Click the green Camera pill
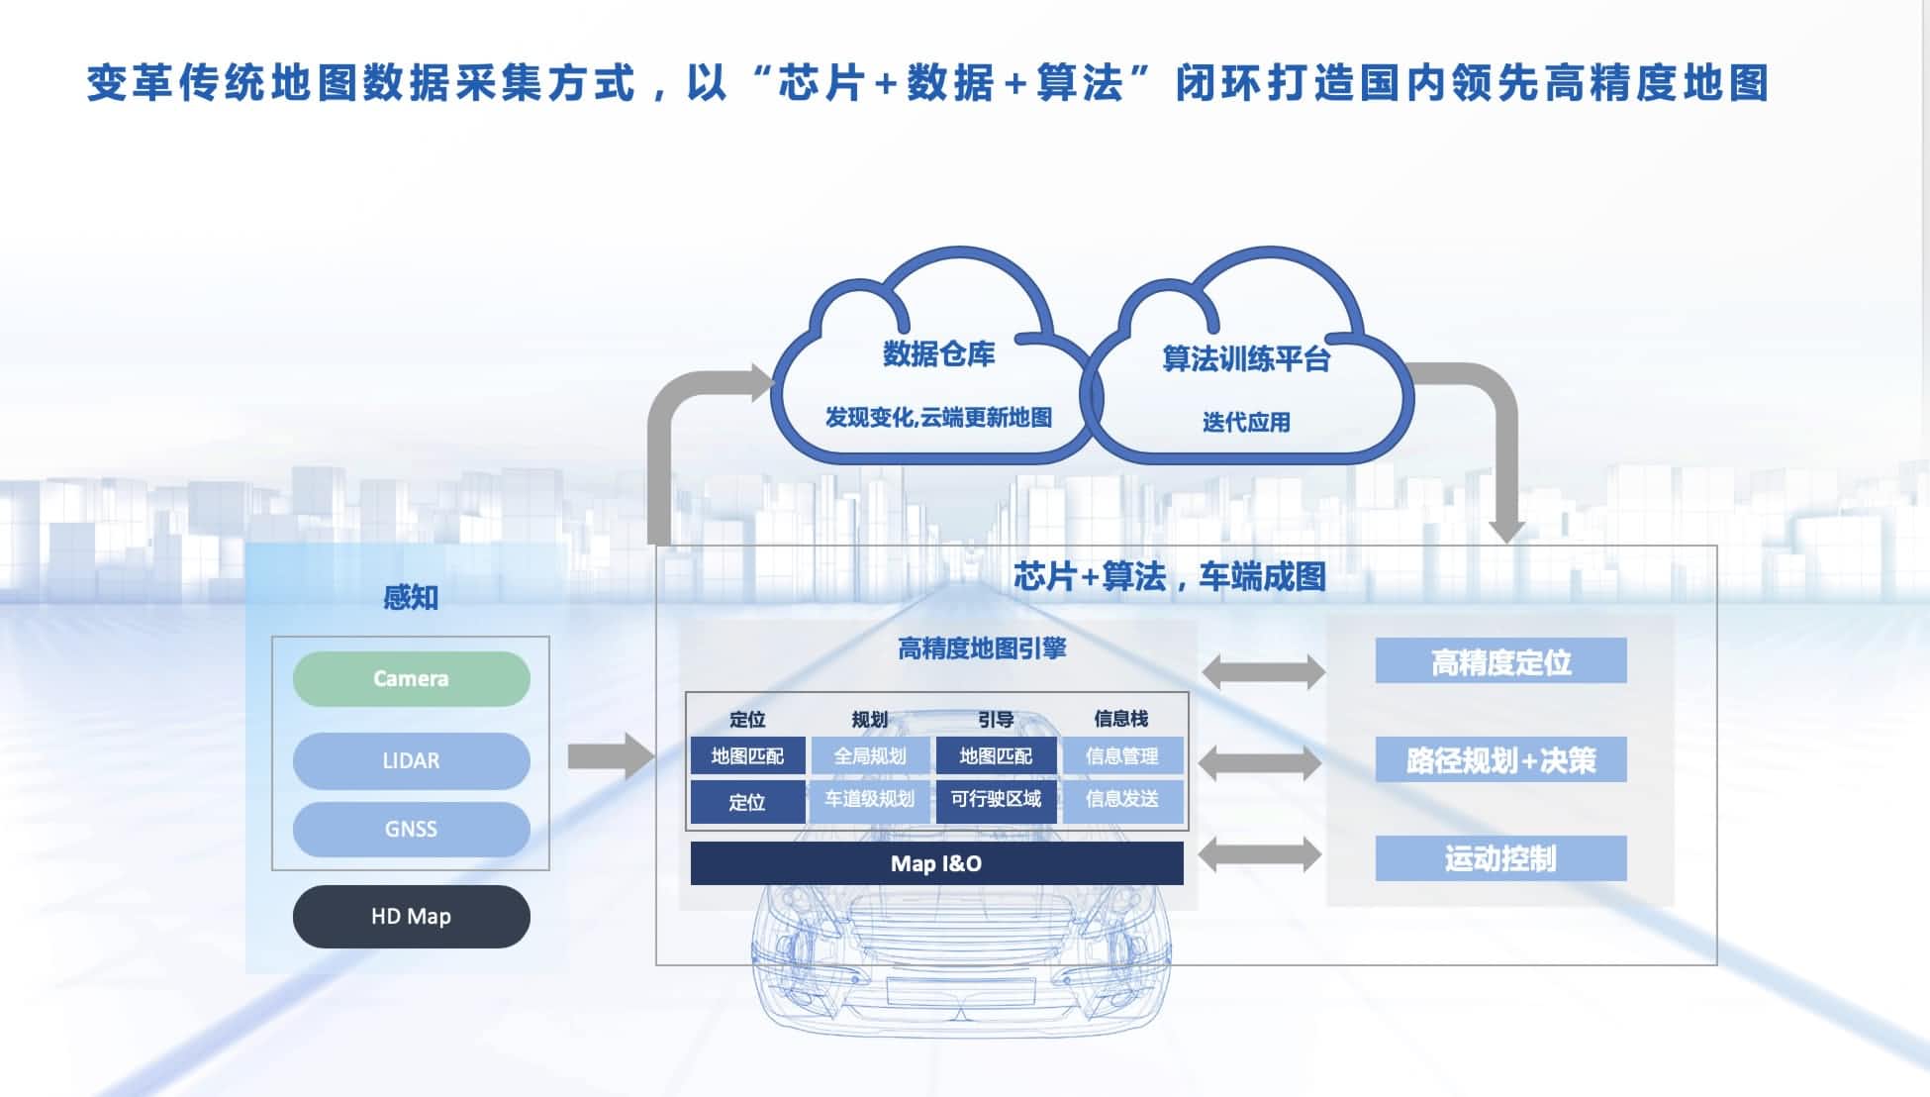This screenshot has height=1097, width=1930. click(411, 678)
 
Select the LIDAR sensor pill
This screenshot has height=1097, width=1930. click(411, 760)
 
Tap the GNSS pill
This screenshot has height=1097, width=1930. click(411, 829)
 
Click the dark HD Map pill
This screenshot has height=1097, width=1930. click(411, 916)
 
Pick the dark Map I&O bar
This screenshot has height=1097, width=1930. click(936, 863)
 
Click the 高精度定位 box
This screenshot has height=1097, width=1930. click(1500, 661)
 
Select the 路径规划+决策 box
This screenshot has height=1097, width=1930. click(1500, 759)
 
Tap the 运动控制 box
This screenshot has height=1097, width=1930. click(1500, 858)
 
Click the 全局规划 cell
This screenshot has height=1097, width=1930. click(870, 756)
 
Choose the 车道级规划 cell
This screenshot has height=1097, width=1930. click(870, 800)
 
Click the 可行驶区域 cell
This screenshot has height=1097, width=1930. click(996, 800)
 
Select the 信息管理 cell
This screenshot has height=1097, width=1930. click(1121, 756)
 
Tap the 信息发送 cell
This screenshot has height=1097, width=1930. click(1121, 800)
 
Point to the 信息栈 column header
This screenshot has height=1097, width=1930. click(1121, 719)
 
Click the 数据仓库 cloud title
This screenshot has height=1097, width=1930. click(938, 353)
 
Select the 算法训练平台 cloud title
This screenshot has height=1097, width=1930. click(1246, 358)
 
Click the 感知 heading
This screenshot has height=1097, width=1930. click(411, 597)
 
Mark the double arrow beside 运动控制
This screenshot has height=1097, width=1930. click(1260, 854)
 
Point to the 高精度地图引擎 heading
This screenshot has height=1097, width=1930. click(982, 648)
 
